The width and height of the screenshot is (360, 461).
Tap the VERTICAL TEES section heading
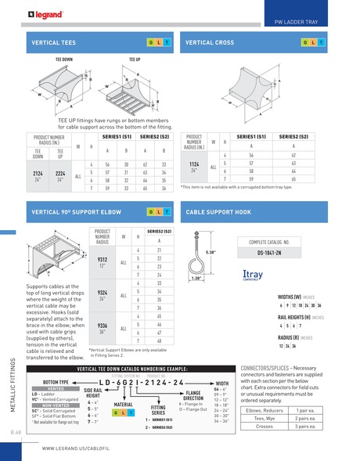pos(53,41)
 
